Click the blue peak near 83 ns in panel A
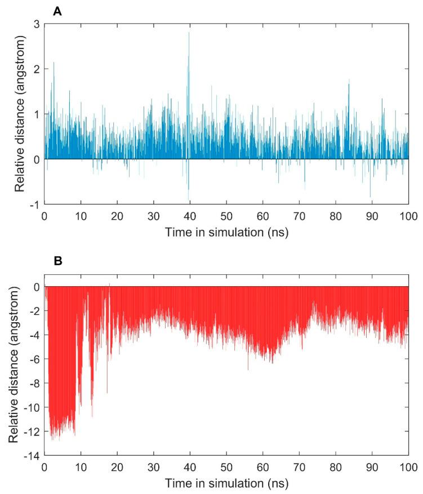349,84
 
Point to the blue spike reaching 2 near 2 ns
54,63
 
